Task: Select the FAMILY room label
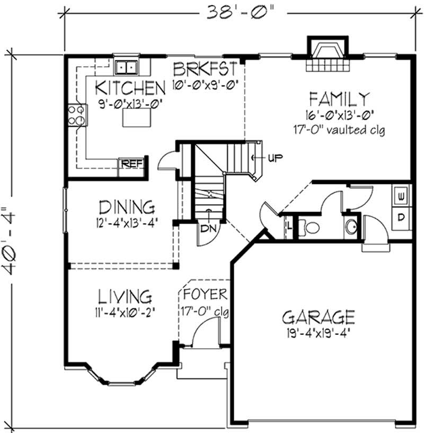339,99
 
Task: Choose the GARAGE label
318,317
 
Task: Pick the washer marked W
401,196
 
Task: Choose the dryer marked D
401,218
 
